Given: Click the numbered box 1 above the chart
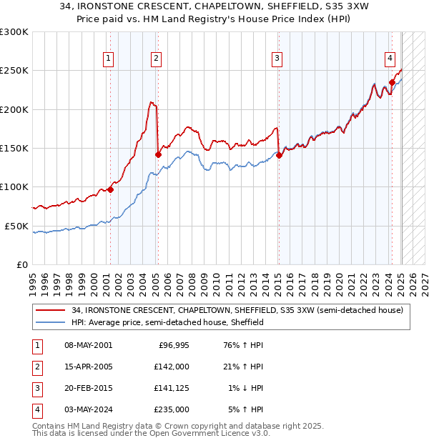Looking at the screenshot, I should pos(108,59).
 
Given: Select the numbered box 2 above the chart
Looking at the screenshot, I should pos(155,59).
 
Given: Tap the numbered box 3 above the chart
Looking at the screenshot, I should pos(277,59).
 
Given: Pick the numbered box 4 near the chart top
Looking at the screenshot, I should pos(390,59).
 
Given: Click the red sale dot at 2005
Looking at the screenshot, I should pos(158,154).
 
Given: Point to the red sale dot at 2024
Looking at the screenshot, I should pos(392,82).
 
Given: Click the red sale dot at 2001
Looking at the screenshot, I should pos(110,189).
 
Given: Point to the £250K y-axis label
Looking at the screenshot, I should pos(14,71).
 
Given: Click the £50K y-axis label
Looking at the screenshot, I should pos(16,226).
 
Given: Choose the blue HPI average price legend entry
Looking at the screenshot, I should pos(167,322).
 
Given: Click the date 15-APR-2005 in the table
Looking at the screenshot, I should pos(88,366).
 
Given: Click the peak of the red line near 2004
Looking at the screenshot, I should pos(151,102).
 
